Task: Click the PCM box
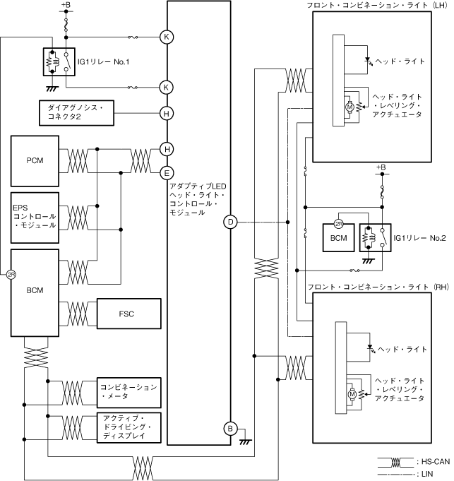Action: (35, 161)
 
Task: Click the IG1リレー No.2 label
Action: (419, 237)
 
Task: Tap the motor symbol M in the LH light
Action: (349, 107)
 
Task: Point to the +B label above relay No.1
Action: (66, 6)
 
